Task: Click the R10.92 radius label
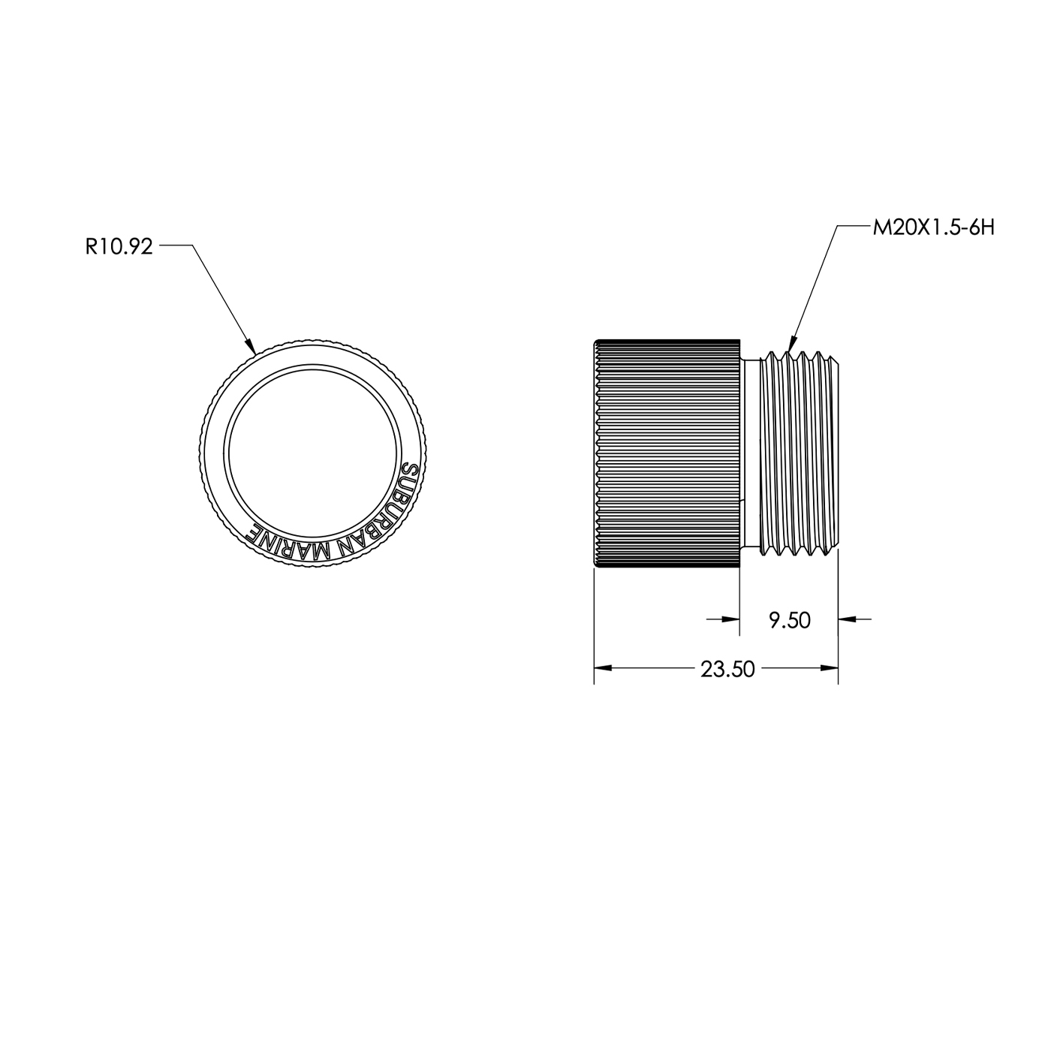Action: coord(119,247)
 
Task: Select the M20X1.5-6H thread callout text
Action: coord(934,228)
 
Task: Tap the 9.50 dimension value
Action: coord(790,620)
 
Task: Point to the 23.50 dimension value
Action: coord(727,669)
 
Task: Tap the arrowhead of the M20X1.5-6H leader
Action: coord(791,343)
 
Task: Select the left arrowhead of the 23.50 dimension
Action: coord(602,668)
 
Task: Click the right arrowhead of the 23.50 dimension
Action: coord(830,668)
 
